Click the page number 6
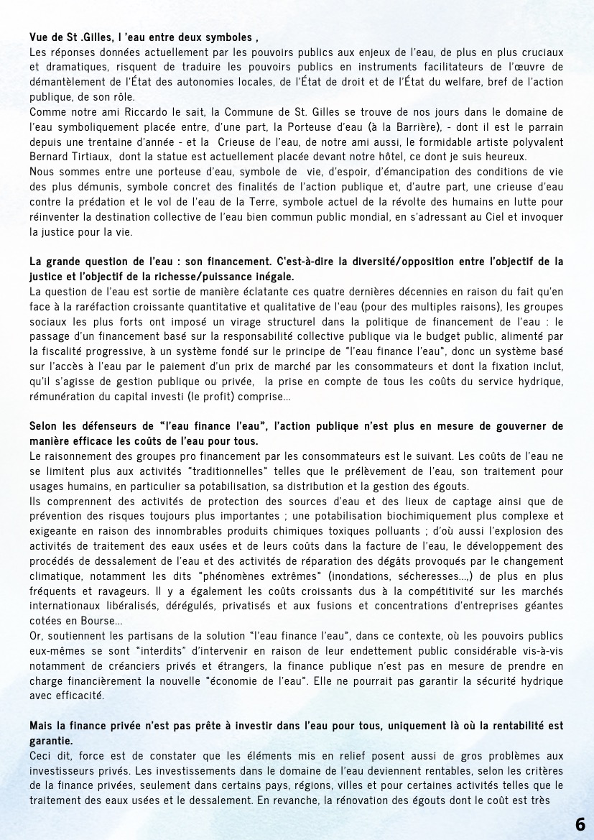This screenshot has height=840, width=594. [580, 823]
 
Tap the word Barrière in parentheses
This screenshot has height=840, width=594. [368, 126]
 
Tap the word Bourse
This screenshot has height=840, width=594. [96, 620]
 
